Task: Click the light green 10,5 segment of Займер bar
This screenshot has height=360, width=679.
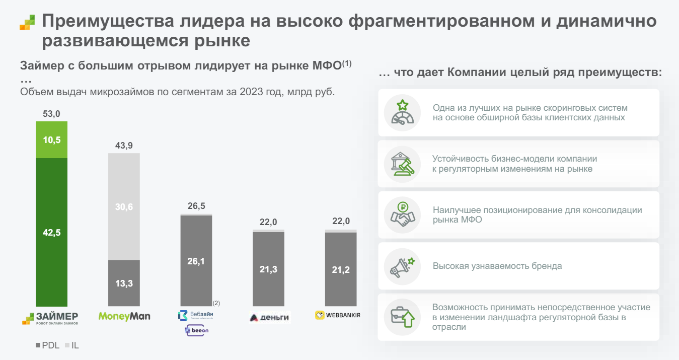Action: (52, 139)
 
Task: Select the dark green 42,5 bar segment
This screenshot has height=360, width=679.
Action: (52, 232)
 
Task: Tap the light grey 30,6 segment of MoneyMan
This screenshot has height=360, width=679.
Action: (124, 206)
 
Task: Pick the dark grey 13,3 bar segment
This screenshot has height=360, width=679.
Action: (124, 283)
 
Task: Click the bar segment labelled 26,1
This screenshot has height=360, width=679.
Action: (196, 261)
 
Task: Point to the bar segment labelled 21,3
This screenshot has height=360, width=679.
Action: (268, 269)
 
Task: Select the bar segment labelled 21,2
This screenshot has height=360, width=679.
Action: (341, 269)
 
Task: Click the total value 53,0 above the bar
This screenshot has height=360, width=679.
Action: (52, 114)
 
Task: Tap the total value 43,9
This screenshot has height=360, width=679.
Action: (124, 146)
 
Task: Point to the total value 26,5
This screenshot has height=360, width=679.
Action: (196, 206)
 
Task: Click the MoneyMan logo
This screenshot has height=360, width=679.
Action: (124, 316)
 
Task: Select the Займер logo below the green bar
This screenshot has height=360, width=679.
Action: (50, 318)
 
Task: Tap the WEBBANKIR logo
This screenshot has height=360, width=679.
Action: (338, 315)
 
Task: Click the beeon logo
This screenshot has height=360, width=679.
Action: (197, 330)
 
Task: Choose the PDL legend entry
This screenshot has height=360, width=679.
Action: (47, 346)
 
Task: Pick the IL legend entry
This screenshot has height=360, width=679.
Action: (72, 346)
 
